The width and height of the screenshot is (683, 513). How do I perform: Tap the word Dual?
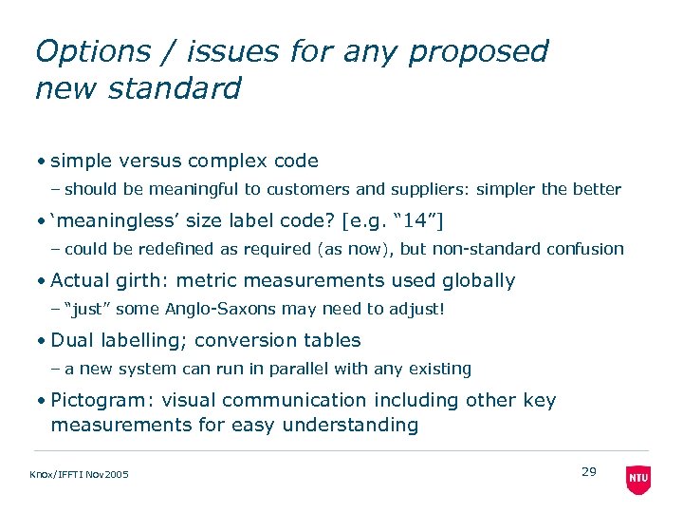pyautogui.click(x=72, y=340)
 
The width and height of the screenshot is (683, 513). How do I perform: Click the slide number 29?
pyautogui.click(x=588, y=471)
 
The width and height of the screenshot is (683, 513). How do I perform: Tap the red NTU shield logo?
pyautogui.click(x=638, y=479)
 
